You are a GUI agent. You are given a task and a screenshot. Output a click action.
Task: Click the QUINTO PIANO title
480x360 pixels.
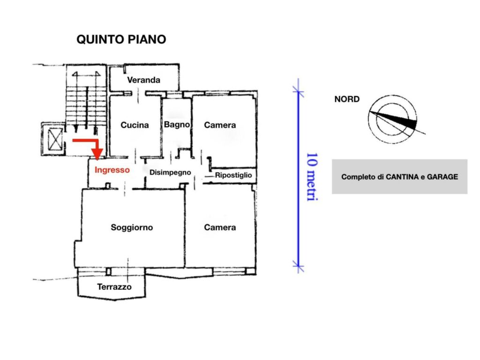(121, 39)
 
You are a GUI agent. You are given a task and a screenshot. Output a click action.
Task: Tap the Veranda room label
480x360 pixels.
(143, 80)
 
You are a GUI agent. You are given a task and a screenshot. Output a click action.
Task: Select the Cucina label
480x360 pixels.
(135, 125)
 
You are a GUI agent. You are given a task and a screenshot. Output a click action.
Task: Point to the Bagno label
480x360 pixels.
(177, 125)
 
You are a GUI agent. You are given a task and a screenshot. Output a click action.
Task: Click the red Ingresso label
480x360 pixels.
(112, 170)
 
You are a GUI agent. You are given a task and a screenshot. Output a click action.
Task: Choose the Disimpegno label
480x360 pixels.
(170, 172)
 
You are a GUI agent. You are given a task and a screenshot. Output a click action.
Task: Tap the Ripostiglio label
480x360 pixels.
(233, 175)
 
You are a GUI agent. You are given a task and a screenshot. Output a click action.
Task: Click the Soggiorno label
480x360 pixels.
(132, 228)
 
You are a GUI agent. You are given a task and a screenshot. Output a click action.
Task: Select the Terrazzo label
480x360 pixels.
(114, 287)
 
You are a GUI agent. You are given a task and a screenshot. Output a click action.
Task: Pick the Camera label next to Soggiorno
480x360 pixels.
(220, 228)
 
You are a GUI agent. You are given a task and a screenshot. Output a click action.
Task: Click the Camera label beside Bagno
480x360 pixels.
(220, 125)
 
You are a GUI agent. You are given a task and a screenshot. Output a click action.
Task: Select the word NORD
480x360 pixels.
(347, 99)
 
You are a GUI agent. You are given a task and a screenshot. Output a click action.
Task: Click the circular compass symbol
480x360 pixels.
(393, 119)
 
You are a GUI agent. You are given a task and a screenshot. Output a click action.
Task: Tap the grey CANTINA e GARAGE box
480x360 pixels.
(399, 177)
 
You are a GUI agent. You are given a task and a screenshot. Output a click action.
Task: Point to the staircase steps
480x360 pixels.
(84, 103)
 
